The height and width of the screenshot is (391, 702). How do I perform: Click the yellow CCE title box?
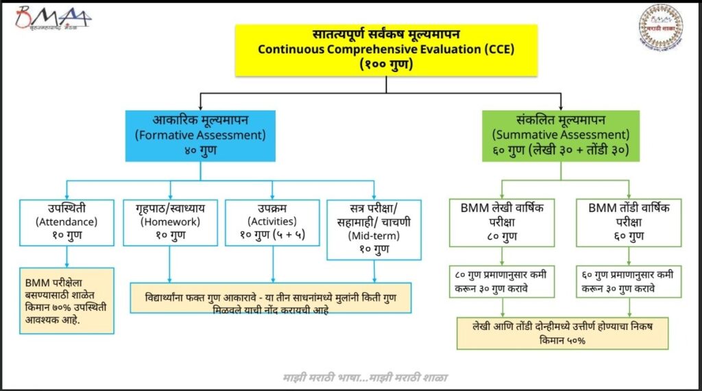coord(386,49)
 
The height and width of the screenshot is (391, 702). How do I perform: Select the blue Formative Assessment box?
coord(199,134)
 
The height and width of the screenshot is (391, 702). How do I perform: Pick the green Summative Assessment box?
coord(561,134)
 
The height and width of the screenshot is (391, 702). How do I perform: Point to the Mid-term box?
coord(374,229)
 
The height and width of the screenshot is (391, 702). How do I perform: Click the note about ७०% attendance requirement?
coord(66,300)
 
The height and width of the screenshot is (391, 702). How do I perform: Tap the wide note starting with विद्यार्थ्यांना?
coord(271,298)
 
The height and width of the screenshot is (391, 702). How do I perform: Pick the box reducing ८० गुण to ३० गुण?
coord(503,281)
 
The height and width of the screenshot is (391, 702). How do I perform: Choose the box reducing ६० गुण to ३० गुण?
coord(630,281)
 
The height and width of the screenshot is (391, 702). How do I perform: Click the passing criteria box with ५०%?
coord(561,333)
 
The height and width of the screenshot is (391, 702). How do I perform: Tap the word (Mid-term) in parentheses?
coord(374,235)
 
